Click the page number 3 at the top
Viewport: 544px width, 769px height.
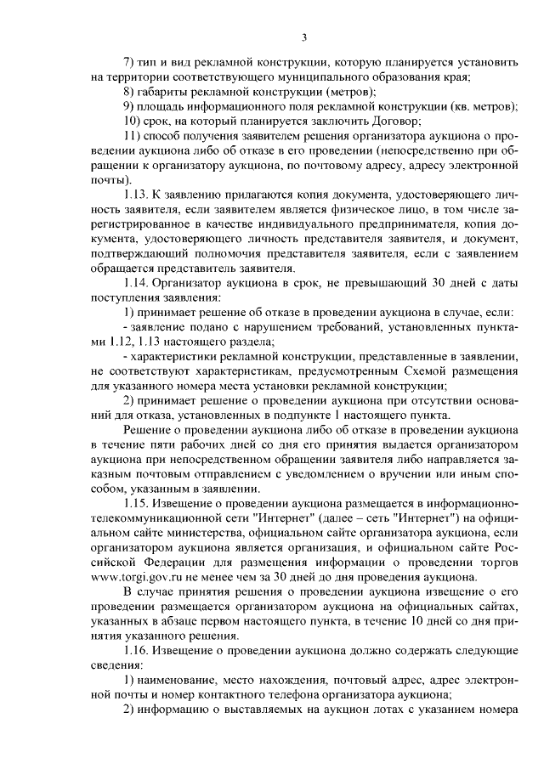(304, 37)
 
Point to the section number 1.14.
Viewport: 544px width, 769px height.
(138, 282)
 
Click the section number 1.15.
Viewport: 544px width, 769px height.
(138, 503)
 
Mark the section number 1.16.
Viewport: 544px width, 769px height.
(138, 649)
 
